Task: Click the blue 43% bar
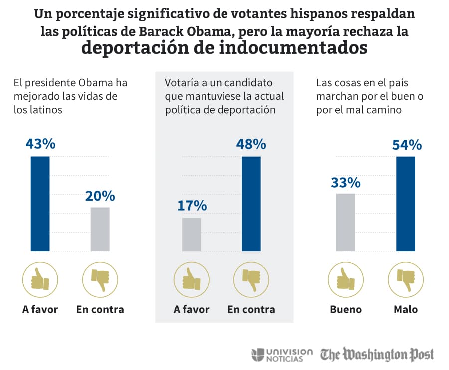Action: point(40,204)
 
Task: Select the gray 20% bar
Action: point(100,229)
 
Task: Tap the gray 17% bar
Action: point(192,234)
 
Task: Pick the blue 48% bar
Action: point(251,204)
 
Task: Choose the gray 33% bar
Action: point(346,222)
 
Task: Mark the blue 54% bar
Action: point(406,204)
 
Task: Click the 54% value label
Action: point(407,145)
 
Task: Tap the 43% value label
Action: point(40,144)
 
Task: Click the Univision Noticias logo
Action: point(282,354)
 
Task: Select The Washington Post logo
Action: point(377,354)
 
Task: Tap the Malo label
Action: point(406,309)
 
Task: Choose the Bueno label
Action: point(346,309)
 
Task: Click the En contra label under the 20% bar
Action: point(100,309)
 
